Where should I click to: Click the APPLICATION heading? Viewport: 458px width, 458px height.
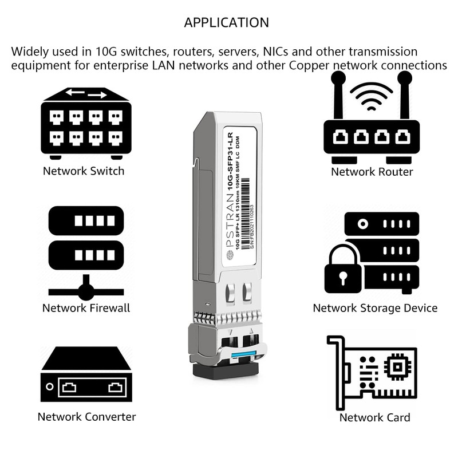pos(226,23)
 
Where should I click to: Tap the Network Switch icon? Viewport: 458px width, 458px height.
pos(86,123)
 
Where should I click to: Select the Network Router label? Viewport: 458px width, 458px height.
pos(372,172)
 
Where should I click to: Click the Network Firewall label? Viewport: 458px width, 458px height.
pos(86,308)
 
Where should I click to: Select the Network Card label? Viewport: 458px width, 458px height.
pos(374,417)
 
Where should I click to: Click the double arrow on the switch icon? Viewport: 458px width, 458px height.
pos(86,93)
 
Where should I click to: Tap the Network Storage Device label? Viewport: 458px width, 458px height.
pos(375,308)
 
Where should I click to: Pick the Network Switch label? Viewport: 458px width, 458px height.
pos(83,171)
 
